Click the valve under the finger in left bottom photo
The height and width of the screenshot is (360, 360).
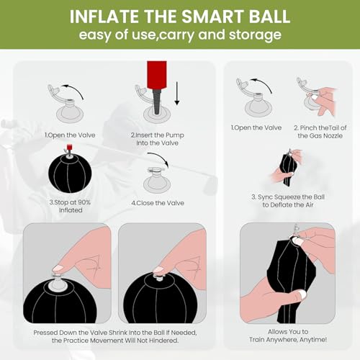(56, 272)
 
